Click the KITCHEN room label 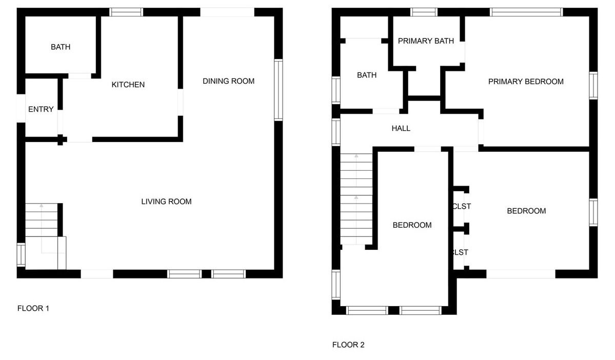(128, 85)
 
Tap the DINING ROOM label (228, 81)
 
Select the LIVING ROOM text (166, 202)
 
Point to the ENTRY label (41, 109)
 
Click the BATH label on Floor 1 (61, 47)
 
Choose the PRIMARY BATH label (426, 41)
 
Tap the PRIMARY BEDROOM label (526, 82)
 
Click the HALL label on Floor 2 (401, 128)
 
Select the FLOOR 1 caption (33, 308)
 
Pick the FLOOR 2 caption (348, 345)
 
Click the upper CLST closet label (462, 206)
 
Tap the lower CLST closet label (461, 252)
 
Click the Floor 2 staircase (356, 199)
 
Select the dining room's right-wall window (278, 89)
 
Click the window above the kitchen (126, 12)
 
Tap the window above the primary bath (424, 12)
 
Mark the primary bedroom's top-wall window (526, 12)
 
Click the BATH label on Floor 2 (367, 75)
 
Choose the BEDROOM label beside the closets (526, 211)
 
